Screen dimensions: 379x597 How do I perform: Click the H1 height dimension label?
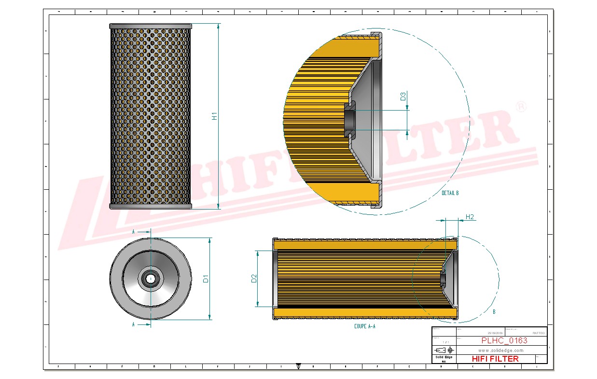pos(215,116)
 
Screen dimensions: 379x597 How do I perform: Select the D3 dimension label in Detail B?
pos(403,96)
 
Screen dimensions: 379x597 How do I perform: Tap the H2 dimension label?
pos(469,217)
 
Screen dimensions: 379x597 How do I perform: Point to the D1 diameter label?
pos(205,279)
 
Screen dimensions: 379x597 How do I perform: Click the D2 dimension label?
pos(254,279)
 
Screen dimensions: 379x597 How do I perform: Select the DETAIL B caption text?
pos(450,193)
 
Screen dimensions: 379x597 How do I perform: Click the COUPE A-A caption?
pos(364,326)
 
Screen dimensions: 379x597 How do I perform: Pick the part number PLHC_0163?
pos(504,340)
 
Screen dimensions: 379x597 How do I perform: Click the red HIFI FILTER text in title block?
pos(495,359)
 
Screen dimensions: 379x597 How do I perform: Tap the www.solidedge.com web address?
pos(500,350)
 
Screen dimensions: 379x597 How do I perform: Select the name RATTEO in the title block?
pos(538,333)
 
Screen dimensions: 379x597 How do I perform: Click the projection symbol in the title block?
pos(444,350)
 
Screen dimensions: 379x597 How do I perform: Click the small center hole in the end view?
pos(151,279)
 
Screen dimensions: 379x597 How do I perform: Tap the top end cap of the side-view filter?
pos(151,26)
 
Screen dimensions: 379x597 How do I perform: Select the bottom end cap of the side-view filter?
pos(151,207)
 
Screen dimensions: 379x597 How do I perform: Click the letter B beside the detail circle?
pos(494,312)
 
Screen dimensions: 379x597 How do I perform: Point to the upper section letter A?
pos(133,232)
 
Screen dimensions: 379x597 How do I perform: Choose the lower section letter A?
pos(133,325)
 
